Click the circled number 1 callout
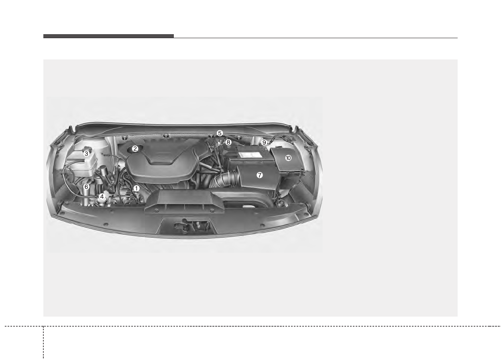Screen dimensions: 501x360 click(x=136, y=188)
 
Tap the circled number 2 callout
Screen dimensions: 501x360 click(x=135, y=149)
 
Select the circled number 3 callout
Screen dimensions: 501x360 click(x=86, y=153)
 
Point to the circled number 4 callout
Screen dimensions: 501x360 click(x=102, y=196)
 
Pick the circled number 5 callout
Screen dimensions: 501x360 click(x=220, y=133)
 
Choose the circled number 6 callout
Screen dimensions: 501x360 click(x=86, y=186)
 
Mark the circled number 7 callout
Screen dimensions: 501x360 click(x=259, y=175)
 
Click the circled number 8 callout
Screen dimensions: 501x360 click(x=228, y=142)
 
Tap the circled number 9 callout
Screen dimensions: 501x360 click(x=264, y=142)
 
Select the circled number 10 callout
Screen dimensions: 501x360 click(x=288, y=158)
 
